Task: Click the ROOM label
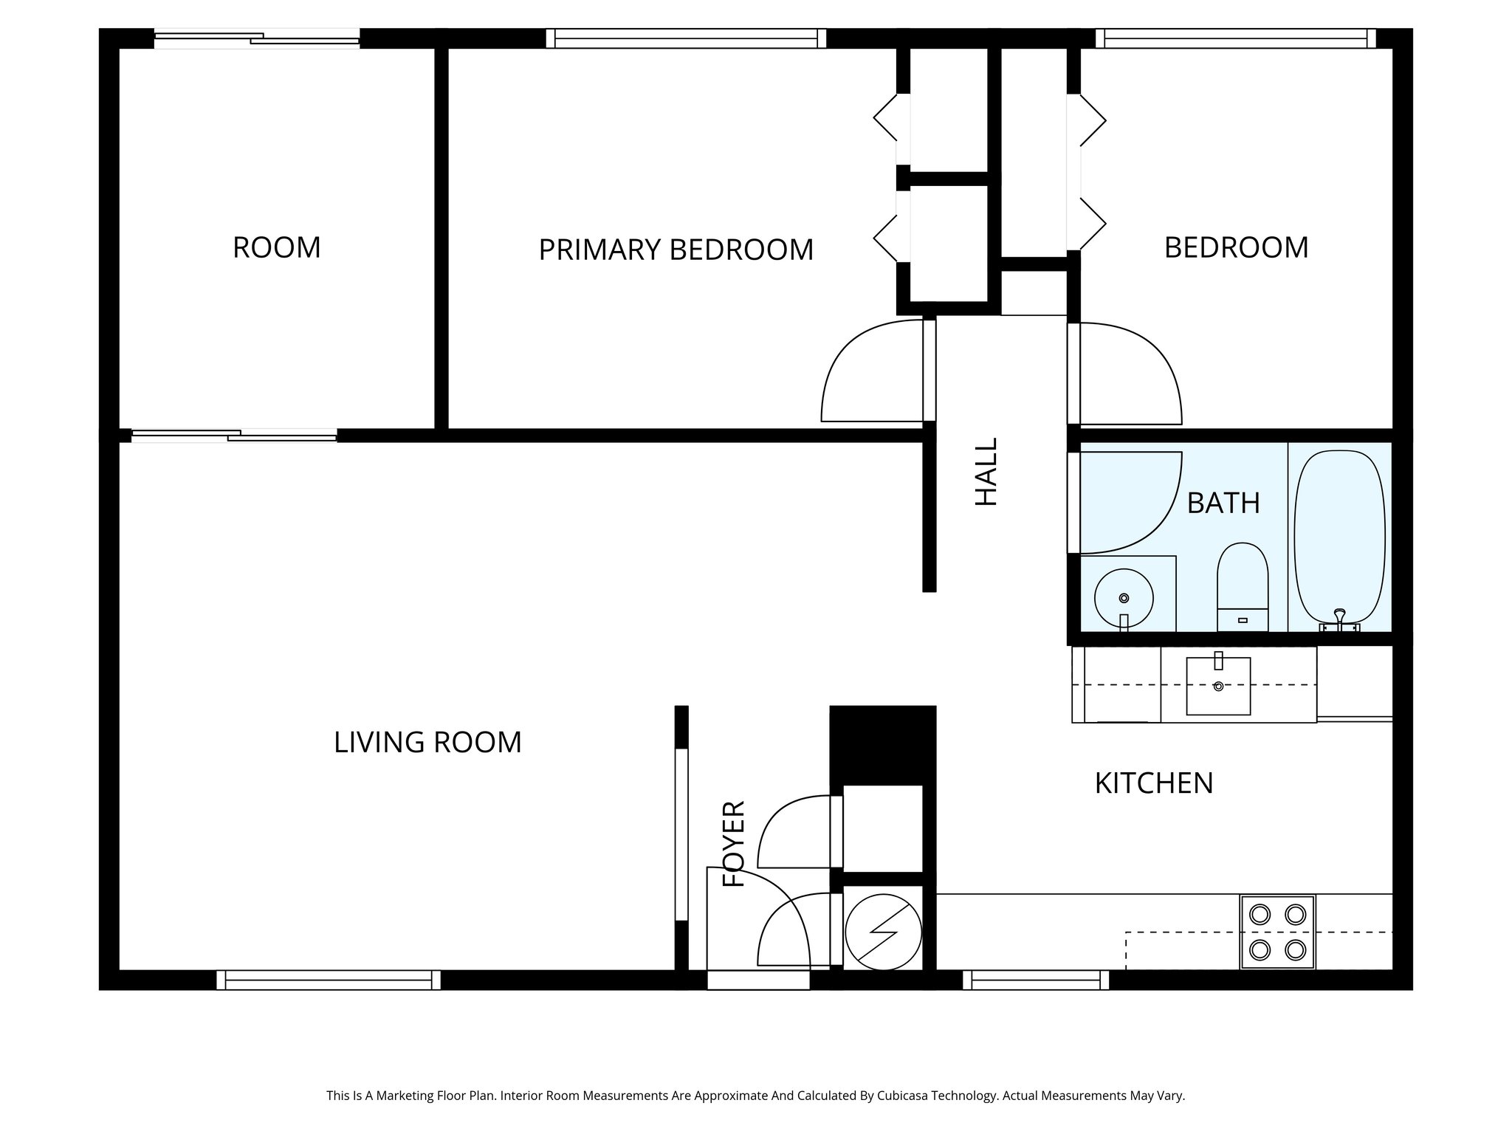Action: tap(277, 247)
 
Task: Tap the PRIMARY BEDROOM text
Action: tap(676, 250)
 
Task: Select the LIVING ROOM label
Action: tap(427, 742)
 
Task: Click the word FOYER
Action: tap(735, 843)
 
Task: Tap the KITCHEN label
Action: tap(1153, 783)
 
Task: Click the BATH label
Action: tap(1223, 503)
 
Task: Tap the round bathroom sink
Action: tap(1123, 599)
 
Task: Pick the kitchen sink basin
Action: tap(1218, 686)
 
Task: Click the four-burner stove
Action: tap(1277, 932)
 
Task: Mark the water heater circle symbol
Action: tap(884, 932)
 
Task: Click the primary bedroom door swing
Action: tap(871, 373)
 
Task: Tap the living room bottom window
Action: tap(329, 980)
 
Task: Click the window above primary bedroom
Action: tap(686, 38)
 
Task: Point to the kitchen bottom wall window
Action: tap(1036, 980)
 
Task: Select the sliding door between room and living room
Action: tap(234, 436)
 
